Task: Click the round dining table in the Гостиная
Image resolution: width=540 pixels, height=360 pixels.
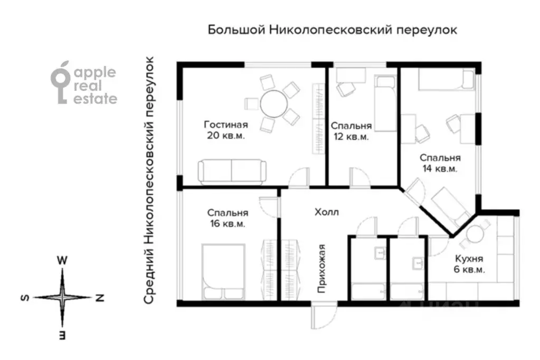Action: tap(274, 103)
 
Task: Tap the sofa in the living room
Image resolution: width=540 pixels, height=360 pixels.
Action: tap(232, 171)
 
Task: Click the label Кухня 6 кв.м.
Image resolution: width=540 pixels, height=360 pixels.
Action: tap(469, 264)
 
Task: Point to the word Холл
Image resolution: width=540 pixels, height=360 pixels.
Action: tap(326, 212)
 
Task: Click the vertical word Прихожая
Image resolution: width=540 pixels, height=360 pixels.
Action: tap(321, 268)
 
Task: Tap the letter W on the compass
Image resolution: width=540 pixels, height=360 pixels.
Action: tap(62, 260)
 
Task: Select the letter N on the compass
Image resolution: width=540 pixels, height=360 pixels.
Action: tap(100, 297)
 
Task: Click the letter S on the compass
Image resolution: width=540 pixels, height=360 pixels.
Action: tap(25, 297)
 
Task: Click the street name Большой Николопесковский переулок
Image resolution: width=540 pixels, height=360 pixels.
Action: tap(333, 30)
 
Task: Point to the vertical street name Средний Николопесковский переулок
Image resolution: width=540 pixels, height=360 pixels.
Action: tap(148, 180)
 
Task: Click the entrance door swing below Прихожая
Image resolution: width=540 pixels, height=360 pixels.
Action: tap(323, 316)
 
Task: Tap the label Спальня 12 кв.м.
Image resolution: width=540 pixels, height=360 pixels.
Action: tap(351, 131)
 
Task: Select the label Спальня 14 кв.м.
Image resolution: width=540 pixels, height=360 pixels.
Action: tap(440, 163)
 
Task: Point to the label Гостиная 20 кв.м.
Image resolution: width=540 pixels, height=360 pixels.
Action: tap(226, 130)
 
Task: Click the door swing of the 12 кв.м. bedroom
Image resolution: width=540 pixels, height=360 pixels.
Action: tap(360, 177)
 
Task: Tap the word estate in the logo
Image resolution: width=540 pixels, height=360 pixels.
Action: tap(96, 99)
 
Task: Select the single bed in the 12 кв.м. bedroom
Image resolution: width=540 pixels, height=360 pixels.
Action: tap(386, 103)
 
